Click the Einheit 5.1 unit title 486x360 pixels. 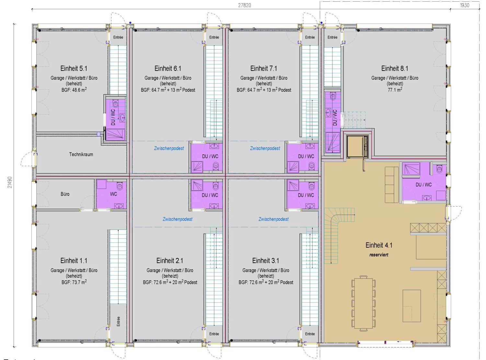point(74,68)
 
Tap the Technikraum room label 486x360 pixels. point(81,154)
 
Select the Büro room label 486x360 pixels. point(65,194)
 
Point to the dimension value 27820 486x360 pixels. point(245,5)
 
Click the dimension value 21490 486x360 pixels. point(10,182)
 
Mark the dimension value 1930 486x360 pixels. point(465,5)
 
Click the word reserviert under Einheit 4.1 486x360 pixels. point(379,255)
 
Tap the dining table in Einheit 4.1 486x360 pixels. point(364,303)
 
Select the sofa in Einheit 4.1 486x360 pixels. point(392,185)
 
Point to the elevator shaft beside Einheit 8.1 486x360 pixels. point(357,146)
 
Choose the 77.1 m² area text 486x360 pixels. point(395,90)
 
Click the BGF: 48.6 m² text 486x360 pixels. point(74,90)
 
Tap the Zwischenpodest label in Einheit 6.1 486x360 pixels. point(169,148)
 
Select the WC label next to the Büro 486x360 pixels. point(113,194)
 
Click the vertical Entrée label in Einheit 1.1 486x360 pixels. point(118,321)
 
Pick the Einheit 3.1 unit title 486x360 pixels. point(266,261)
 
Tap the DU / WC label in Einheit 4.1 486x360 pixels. point(423,185)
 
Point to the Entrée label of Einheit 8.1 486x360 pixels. point(332,37)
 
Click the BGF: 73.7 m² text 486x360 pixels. point(74,282)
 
